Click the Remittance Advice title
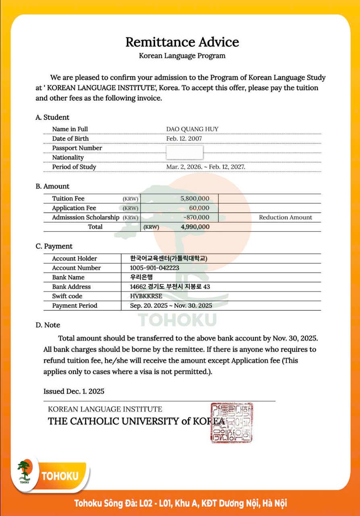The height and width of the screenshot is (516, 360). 182,42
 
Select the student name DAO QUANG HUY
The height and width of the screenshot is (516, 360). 192,129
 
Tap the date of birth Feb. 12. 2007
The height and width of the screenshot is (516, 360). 184,139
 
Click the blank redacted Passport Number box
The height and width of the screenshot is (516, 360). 185,152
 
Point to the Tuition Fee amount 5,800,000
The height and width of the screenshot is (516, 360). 195,198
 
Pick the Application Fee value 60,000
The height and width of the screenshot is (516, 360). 199,208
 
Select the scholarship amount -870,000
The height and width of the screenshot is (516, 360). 196,217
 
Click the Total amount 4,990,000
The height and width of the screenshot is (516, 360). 195,227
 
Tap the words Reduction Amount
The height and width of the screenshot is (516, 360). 285,217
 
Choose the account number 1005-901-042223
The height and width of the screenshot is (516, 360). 155,268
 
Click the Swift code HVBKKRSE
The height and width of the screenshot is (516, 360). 146,296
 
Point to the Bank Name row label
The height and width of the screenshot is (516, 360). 69,277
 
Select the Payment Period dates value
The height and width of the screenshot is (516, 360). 171,306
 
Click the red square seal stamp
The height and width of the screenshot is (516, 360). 232,422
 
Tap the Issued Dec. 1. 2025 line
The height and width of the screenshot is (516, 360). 74,391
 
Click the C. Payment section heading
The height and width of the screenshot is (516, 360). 54,246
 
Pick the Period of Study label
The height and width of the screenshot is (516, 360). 74,167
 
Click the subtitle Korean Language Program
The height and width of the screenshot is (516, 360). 182,56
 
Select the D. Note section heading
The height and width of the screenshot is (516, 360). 48,325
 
